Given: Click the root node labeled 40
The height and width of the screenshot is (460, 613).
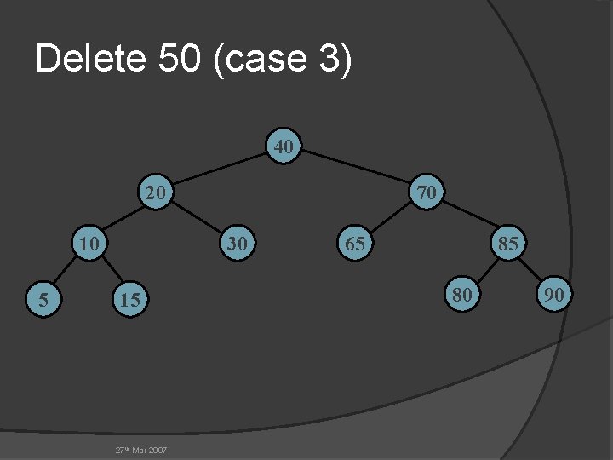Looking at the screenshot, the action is point(284,147).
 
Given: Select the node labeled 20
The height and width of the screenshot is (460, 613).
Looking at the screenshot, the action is point(155,193).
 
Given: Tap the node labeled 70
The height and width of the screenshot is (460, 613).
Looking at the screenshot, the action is point(427,193).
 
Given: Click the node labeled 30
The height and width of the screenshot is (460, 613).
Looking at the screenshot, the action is point(238,244).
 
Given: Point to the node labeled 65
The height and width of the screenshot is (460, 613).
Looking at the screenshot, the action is point(355,244).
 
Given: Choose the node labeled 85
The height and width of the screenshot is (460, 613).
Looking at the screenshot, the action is point(508,244).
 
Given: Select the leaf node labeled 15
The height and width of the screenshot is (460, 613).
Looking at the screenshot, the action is point(129,299).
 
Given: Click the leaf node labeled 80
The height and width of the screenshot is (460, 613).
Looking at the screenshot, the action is point(462,295).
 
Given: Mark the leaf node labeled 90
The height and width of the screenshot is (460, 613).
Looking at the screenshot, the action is point(554,295).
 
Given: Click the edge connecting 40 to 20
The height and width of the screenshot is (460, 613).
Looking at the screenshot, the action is point(220,170).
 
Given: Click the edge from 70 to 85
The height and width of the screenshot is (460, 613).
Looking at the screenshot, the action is point(467,218).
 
